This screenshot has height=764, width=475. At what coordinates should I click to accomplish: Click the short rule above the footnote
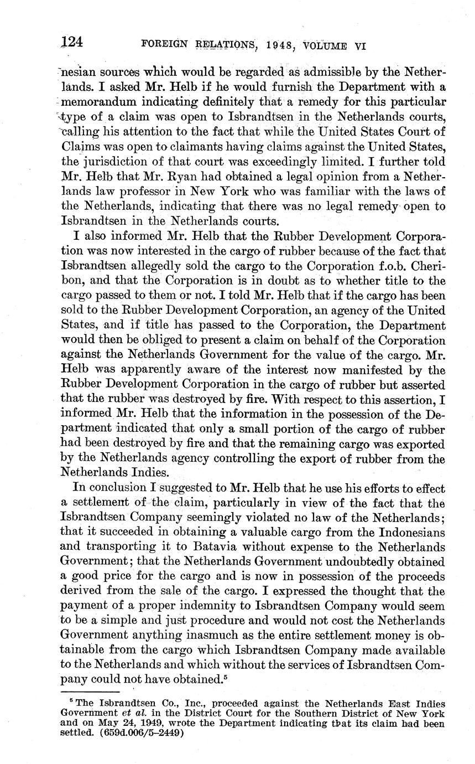point(90,691)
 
